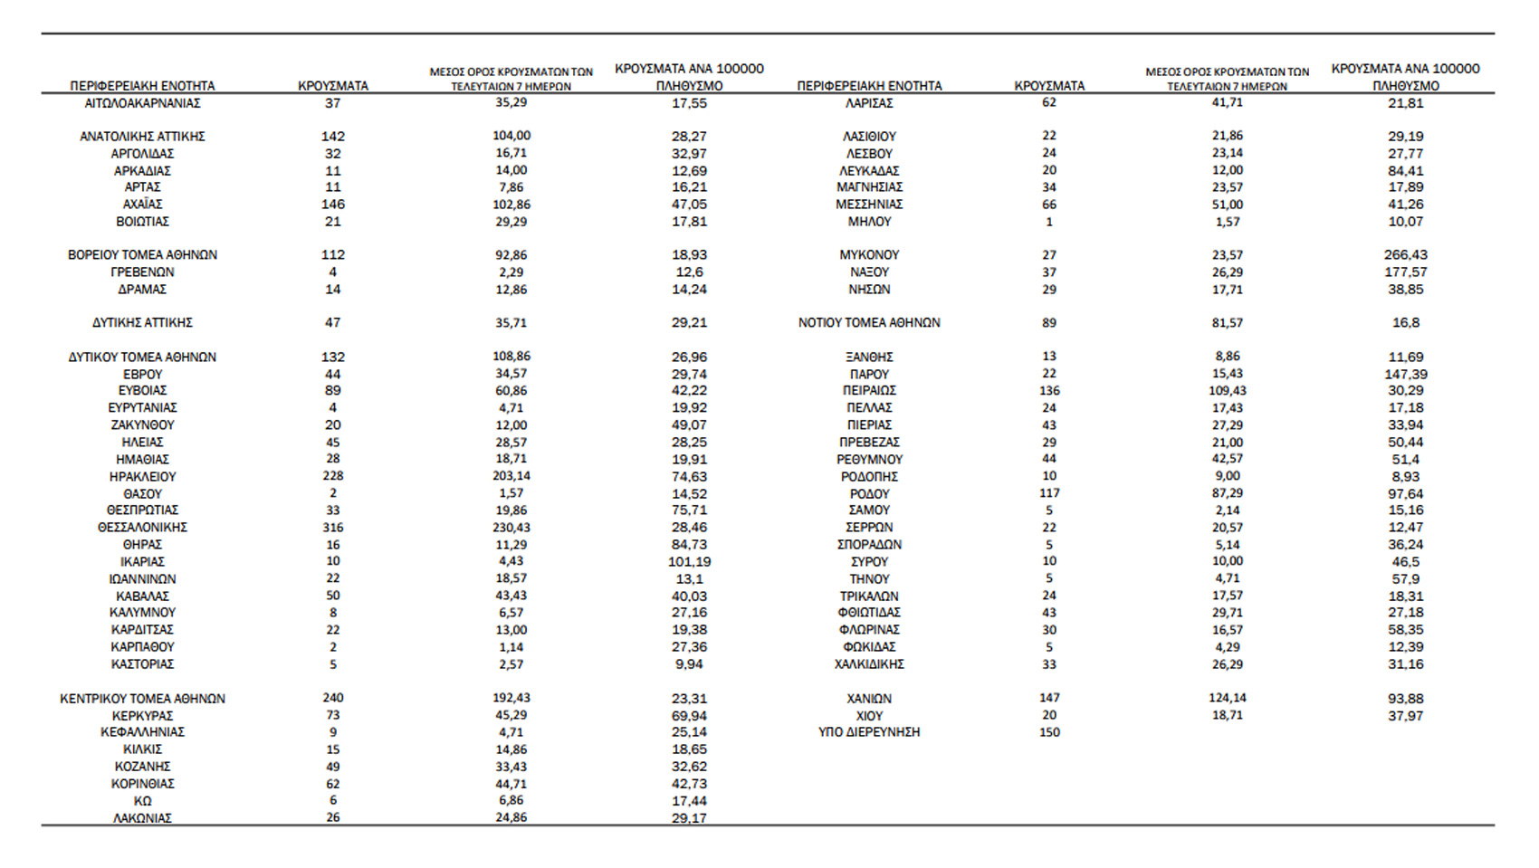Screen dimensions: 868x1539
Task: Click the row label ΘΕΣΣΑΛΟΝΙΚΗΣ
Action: pos(142,528)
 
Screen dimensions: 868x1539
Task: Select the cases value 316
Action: pos(333,528)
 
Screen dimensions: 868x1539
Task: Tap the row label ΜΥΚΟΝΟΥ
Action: pos(869,255)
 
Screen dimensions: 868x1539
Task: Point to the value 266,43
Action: pos(1405,255)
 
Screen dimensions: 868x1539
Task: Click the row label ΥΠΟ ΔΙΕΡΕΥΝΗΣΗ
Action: pos(869,732)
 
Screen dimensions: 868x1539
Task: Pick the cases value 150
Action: pos(1049,732)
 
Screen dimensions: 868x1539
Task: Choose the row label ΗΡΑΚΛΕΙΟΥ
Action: pos(142,477)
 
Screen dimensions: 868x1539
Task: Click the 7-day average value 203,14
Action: pos(511,477)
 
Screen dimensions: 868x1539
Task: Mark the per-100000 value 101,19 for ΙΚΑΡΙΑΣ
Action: pos(689,562)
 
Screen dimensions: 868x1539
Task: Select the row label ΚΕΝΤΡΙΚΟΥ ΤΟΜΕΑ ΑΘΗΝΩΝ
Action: pos(142,699)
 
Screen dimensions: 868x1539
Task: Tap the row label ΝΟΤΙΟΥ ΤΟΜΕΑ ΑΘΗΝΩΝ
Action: pos(869,323)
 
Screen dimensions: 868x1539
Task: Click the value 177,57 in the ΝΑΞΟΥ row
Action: pos(1405,272)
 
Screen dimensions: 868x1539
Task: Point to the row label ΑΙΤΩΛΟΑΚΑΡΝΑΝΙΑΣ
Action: pos(142,103)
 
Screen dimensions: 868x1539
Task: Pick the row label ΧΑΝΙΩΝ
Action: pos(869,699)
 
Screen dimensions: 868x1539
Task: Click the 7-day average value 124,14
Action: pos(1227,699)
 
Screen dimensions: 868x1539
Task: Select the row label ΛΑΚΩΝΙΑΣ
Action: pos(142,818)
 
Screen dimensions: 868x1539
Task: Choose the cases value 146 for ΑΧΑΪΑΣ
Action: pos(333,205)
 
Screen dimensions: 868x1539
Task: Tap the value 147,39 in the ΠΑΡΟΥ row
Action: pos(1405,375)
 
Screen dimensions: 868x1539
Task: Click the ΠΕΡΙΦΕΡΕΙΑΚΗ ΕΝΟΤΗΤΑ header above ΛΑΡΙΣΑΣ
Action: pos(869,86)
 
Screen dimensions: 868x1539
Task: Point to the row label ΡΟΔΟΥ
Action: pos(869,494)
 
